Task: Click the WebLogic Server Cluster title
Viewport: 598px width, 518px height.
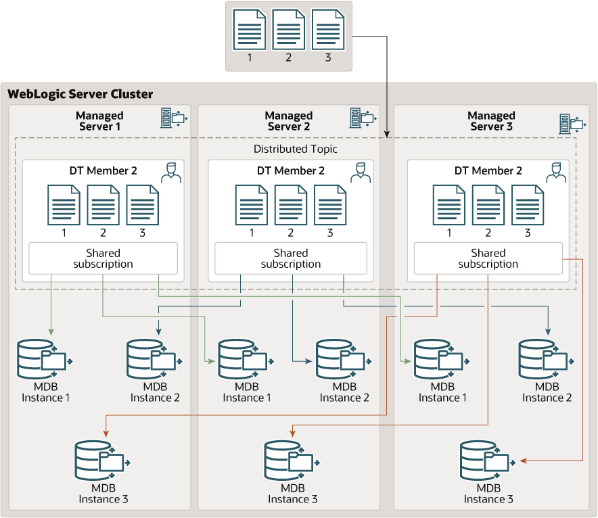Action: tap(80, 94)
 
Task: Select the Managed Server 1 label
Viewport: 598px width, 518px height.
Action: tap(99, 121)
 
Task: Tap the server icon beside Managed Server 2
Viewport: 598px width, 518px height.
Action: tap(362, 118)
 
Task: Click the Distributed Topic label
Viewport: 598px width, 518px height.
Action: tap(296, 149)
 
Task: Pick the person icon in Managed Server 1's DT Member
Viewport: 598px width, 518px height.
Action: tap(171, 172)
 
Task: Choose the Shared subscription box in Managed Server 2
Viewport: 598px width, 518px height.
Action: tap(291, 258)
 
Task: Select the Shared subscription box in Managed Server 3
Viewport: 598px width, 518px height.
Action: tap(488, 258)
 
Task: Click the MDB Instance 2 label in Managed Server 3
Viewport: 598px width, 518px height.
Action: tap(547, 392)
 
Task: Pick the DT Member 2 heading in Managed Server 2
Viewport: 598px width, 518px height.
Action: tap(291, 170)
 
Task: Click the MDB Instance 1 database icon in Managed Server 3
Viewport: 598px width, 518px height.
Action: tap(440, 359)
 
